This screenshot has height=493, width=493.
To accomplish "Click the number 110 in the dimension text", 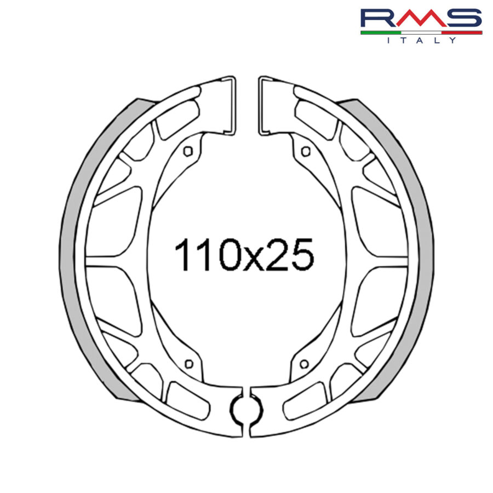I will click(200, 255).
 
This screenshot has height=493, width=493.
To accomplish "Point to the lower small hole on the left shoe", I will click(189, 363).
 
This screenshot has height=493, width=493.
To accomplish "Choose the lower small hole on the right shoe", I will click(304, 363).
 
